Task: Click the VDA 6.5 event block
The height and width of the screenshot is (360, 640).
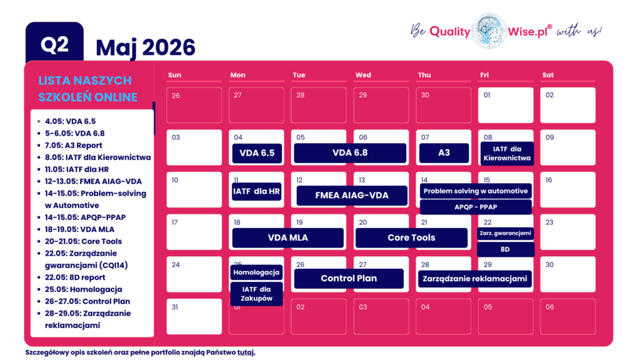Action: (257, 153)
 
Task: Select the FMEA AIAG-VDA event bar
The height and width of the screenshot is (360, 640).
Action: (351, 195)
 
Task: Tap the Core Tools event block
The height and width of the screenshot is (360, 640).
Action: (411, 237)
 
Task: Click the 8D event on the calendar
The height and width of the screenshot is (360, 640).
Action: (506, 249)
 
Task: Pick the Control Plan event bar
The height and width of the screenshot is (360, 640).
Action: (349, 278)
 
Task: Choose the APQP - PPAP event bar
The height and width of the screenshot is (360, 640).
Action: (476, 207)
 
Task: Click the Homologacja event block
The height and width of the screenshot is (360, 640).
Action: (257, 272)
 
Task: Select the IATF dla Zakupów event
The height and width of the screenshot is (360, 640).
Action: (257, 294)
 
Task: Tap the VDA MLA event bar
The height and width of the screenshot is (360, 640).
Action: (287, 237)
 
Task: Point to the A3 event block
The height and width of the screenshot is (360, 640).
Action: (444, 153)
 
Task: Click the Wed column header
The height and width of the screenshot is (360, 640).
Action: (363, 75)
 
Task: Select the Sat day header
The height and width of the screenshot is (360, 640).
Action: (548, 75)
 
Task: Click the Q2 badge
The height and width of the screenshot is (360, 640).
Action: (54, 44)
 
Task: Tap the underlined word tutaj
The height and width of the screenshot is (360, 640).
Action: (246, 352)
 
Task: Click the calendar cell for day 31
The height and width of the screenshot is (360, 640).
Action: (194, 316)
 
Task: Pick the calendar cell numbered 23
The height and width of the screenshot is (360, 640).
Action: (567, 232)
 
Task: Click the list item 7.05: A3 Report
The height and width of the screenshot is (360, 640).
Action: (73, 145)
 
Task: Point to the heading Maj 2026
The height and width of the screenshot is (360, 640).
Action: (146, 47)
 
